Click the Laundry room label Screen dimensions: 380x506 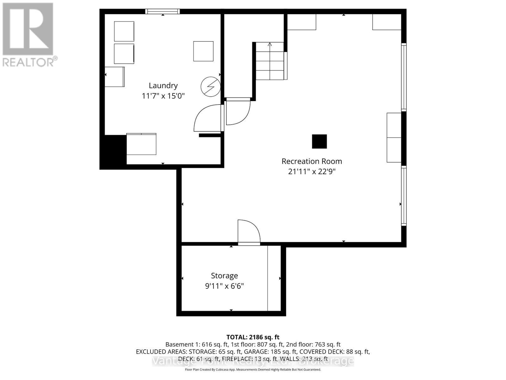(x=163, y=85)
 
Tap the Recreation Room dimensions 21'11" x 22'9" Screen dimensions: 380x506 (x=312, y=172)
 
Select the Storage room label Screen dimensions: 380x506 (x=224, y=276)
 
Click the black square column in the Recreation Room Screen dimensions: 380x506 (x=319, y=142)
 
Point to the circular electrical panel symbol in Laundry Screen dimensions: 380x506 (x=211, y=86)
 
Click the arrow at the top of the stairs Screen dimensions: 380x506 (x=270, y=44)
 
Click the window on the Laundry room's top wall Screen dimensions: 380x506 (x=163, y=12)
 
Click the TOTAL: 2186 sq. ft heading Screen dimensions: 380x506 (x=253, y=337)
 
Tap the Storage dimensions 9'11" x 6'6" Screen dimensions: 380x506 (x=224, y=286)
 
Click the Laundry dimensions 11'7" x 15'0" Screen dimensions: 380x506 (x=163, y=96)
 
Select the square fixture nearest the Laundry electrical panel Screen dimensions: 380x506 (x=203, y=51)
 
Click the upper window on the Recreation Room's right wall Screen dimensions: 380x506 (x=404, y=77)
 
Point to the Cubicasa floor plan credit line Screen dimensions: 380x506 (x=253, y=370)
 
